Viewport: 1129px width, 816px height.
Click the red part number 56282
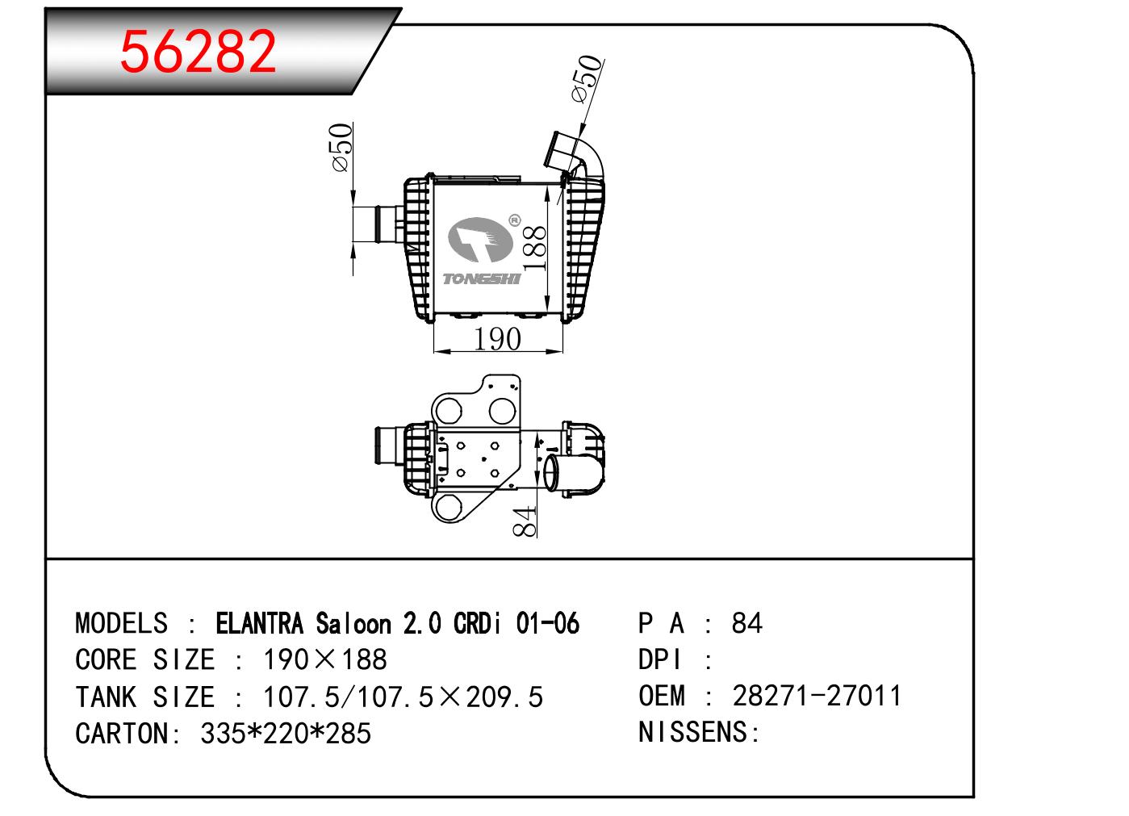(199, 52)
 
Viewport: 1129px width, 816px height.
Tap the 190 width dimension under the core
(497, 339)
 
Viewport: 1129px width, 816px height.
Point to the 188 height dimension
(535, 246)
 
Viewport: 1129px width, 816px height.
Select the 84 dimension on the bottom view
(525, 521)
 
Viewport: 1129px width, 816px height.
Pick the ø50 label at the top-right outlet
(587, 78)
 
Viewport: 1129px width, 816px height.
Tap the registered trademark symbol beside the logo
(513, 219)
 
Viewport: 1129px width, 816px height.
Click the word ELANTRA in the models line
(260, 624)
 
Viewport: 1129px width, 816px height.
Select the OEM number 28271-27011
(817, 696)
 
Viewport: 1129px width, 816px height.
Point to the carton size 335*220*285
(285, 734)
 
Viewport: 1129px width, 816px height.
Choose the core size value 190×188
(325, 660)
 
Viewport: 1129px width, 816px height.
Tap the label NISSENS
(693, 733)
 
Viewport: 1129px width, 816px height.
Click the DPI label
(660, 660)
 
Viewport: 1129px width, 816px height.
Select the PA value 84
(746, 624)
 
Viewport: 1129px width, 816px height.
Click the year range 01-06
(546, 624)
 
